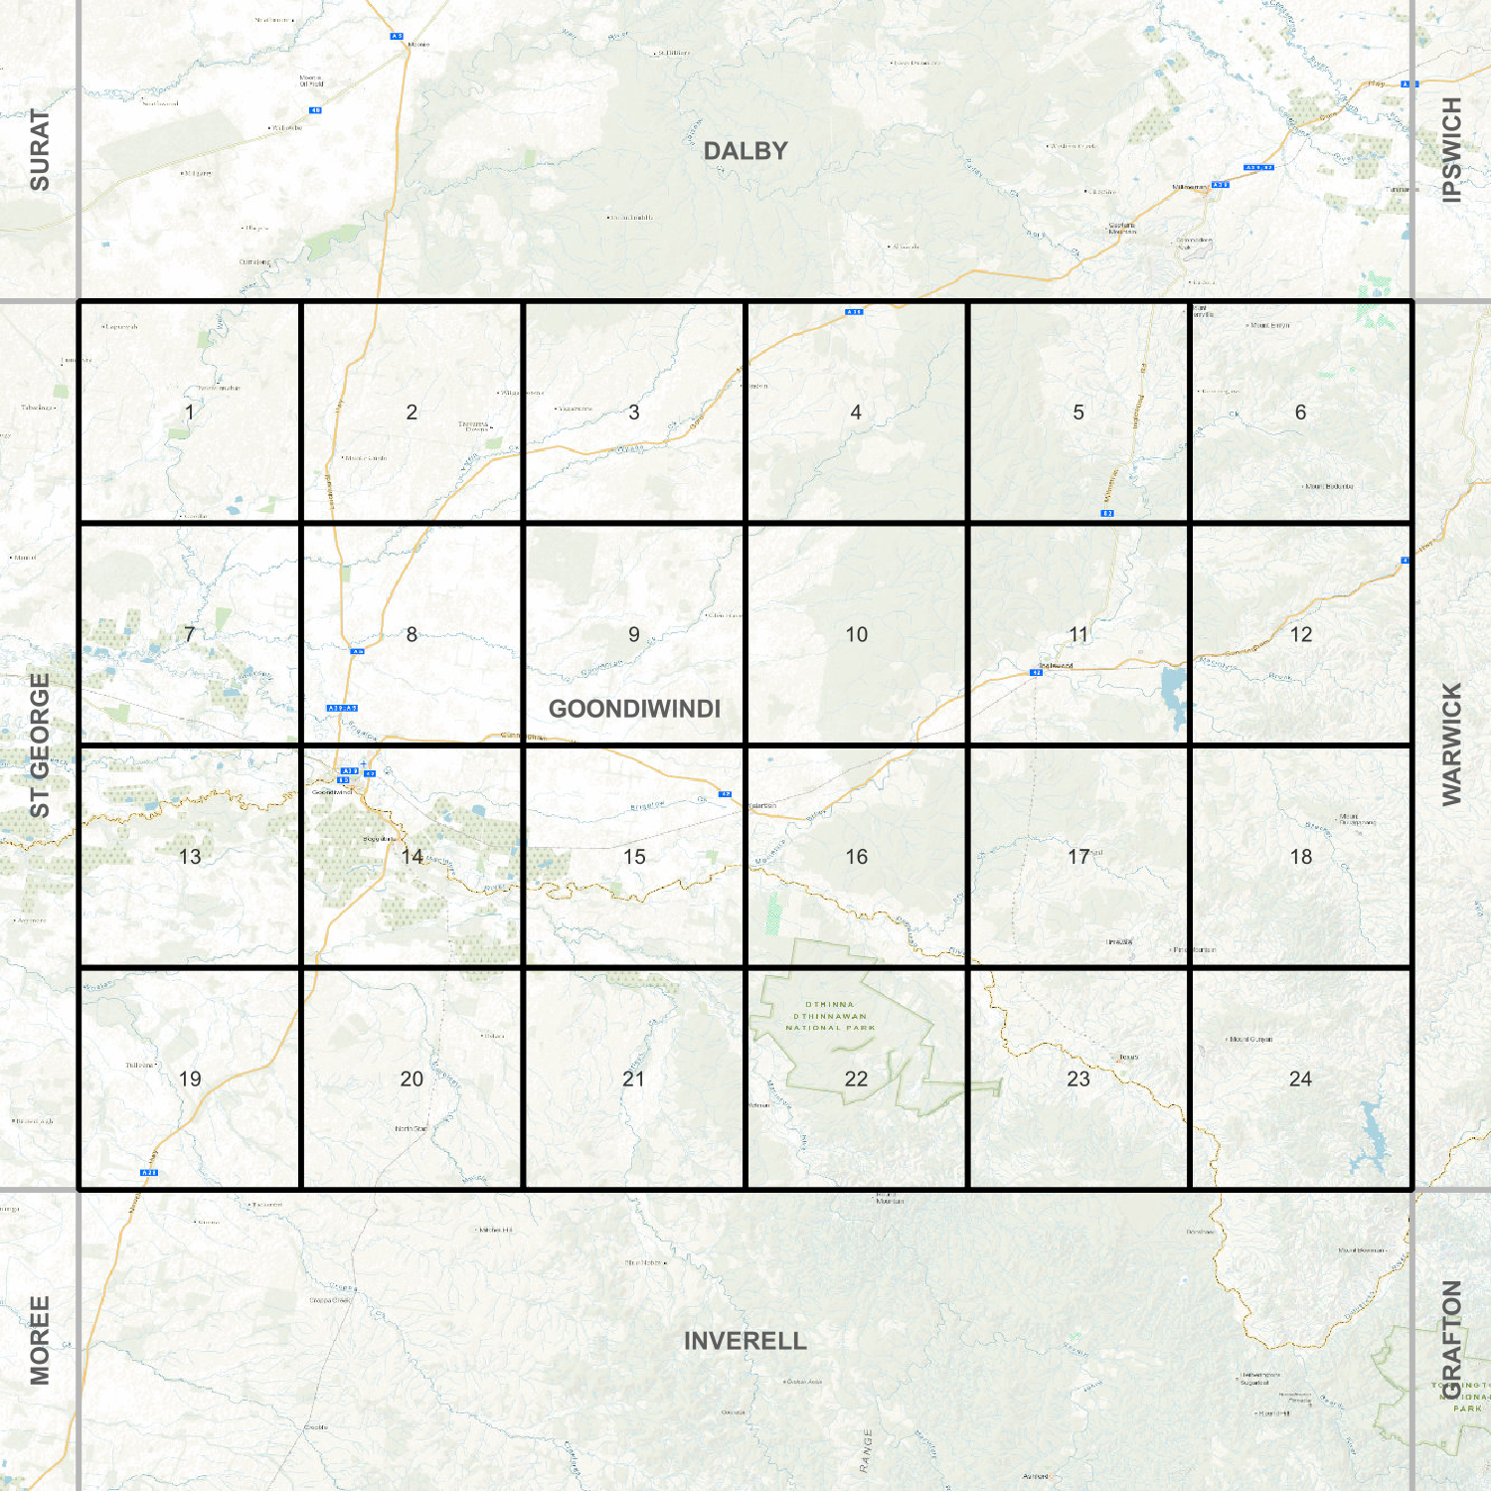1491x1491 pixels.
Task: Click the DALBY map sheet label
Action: [745, 151]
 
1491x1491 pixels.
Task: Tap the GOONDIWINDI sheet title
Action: [634, 709]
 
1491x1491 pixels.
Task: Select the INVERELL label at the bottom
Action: [745, 1341]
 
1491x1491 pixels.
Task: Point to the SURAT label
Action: [39, 150]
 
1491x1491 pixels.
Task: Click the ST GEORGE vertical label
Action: [39, 745]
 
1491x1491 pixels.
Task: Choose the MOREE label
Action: [39, 1340]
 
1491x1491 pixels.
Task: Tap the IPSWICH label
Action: [1452, 150]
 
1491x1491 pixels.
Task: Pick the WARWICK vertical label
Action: [1452, 745]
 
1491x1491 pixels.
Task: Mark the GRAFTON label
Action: [1452, 1339]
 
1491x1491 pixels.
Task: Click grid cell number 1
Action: [190, 413]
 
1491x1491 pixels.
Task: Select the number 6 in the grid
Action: [1300, 413]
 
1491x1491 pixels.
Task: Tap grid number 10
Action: [856, 634]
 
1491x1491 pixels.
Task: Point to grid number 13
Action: [190, 857]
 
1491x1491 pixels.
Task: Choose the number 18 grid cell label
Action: [1300, 857]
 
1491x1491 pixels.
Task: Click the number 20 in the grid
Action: [412, 1079]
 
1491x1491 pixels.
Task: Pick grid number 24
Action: [1300, 1079]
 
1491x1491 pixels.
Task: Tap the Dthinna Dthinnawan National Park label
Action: [830, 1016]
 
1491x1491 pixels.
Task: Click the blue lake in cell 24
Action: [1373, 1133]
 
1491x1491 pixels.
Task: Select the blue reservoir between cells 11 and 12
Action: [1174, 693]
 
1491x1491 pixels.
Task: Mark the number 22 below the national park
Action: [856, 1079]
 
